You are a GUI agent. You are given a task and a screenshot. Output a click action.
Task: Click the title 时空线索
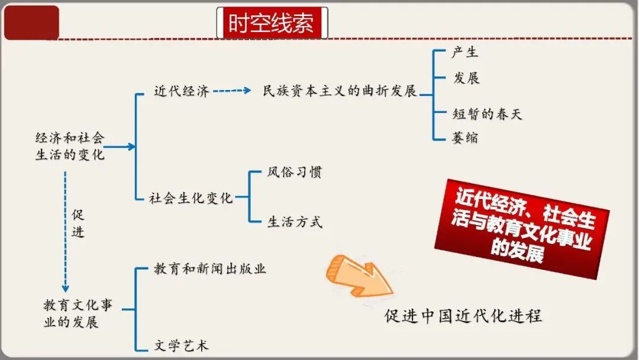tap(272, 24)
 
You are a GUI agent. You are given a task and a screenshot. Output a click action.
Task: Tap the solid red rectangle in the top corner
tap(32, 23)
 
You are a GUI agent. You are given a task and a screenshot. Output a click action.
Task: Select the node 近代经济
tap(181, 91)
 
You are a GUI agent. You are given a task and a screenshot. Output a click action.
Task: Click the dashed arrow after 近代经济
tap(231, 91)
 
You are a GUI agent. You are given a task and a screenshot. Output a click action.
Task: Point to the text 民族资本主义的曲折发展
tap(340, 92)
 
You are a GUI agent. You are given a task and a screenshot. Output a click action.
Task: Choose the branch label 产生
tap(464, 52)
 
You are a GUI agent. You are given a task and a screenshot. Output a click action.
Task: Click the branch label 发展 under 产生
tap(466, 78)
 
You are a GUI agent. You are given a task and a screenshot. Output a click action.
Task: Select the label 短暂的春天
tap(487, 114)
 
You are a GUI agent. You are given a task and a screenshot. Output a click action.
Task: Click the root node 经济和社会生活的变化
tap(70, 146)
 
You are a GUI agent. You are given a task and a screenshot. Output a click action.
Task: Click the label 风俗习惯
tap(294, 173)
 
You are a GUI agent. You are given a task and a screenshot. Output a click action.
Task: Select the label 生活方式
tap(294, 223)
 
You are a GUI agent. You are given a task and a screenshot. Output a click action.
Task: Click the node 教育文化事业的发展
tap(78, 314)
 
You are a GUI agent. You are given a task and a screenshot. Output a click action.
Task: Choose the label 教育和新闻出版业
tap(210, 269)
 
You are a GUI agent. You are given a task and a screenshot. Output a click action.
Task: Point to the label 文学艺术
tap(181, 345)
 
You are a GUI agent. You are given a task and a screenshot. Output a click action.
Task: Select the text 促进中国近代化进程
tap(463, 316)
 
